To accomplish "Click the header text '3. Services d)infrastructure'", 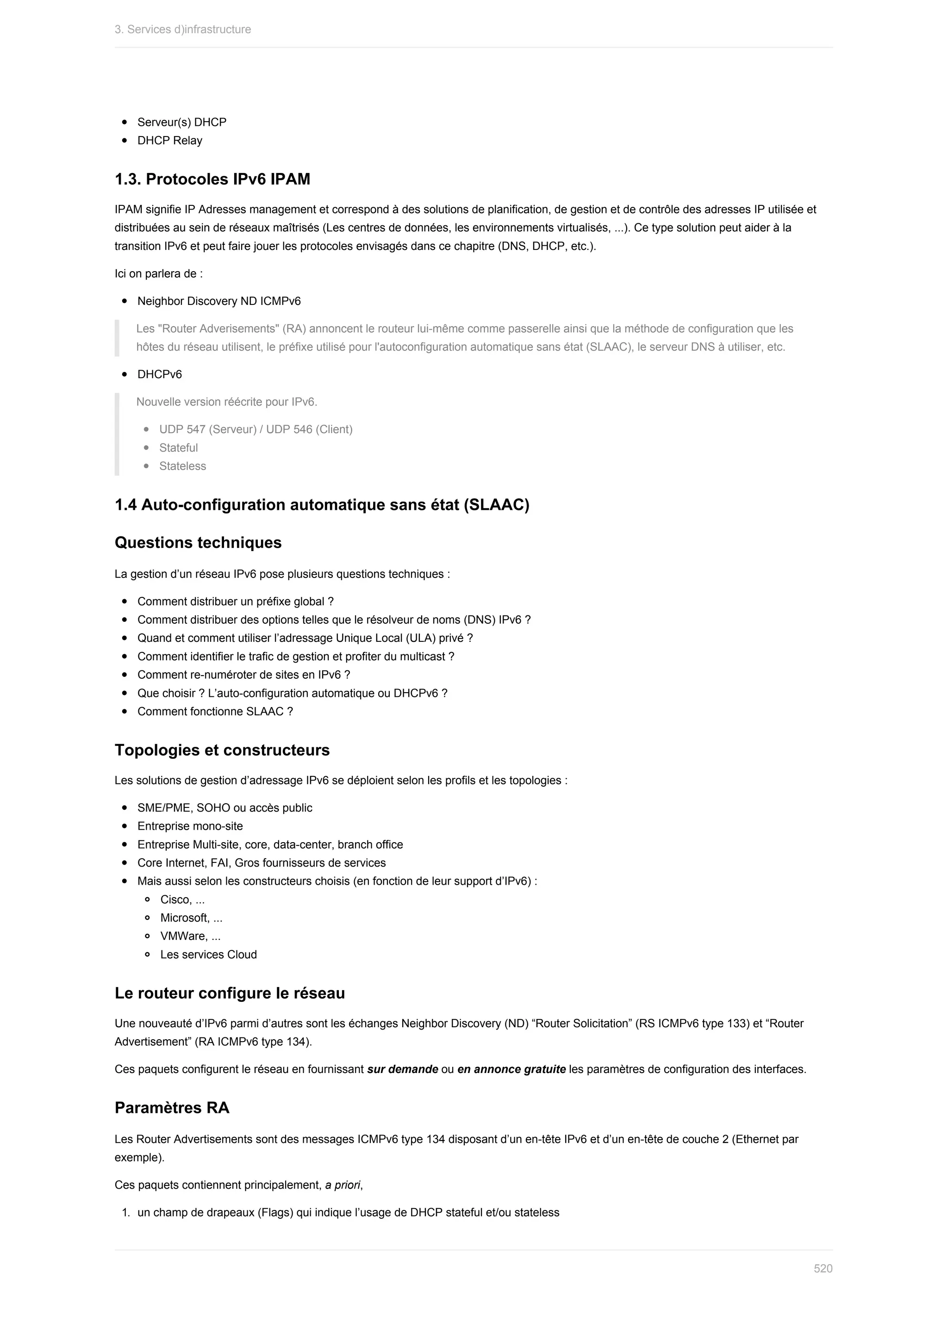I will point(183,29).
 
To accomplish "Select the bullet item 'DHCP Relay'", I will point(169,141).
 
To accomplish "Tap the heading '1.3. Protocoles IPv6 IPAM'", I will point(212,179).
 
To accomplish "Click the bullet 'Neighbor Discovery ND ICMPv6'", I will point(219,301).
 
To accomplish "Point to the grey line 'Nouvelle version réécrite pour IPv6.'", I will point(226,402).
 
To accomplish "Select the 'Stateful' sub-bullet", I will point(178,447).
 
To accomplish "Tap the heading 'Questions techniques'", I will point(198,543).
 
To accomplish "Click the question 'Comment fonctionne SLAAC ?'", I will point(215,712).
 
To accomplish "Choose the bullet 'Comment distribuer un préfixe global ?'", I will point(235,602).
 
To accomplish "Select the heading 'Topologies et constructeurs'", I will point(222,750).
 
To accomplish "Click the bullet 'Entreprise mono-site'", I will point(190,826).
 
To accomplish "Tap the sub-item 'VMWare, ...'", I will point(190,936).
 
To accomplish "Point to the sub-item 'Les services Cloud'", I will point(208,955).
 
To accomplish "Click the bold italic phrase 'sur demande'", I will point(402,1069).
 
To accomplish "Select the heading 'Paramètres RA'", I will point(172,1108).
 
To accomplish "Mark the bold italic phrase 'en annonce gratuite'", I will point(511,1069).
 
